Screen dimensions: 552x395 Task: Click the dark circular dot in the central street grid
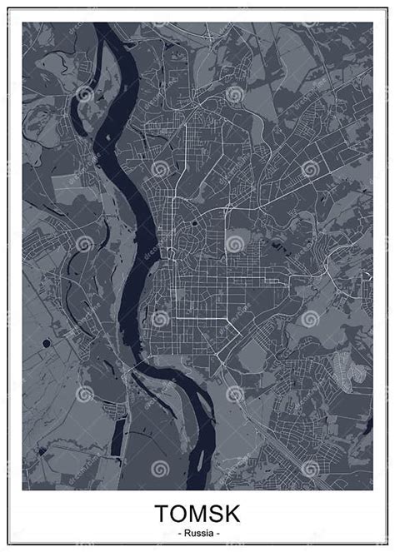[194, 223]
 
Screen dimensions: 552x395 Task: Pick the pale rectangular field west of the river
[70, 187]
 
